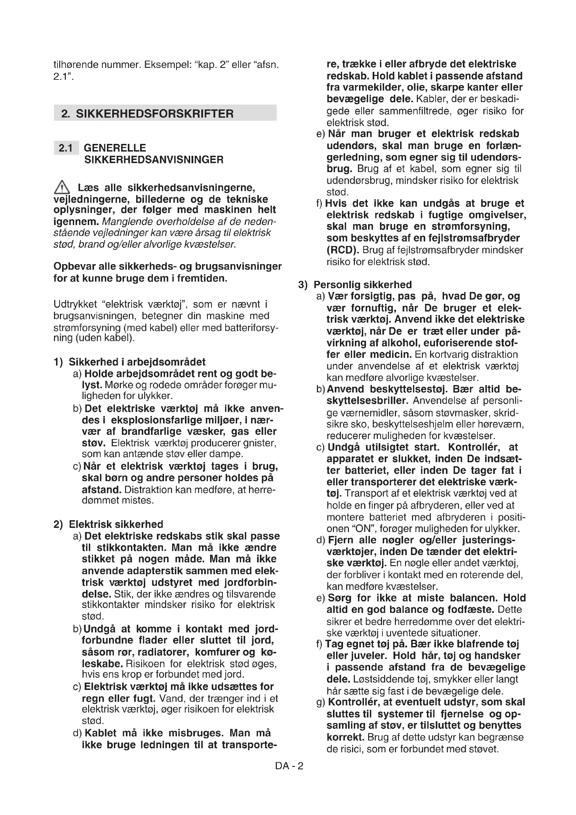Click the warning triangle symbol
(x=61, y=187)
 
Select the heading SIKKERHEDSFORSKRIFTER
(x=155, y=114)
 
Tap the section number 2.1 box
(x=65, y=148)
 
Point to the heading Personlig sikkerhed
(x=363, y=285)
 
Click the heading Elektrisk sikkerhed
(x=116, y=524)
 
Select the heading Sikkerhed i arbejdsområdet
(x=137, y=362)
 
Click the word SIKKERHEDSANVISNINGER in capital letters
(x=154, y=160)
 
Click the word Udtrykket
(x=75, y=304)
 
